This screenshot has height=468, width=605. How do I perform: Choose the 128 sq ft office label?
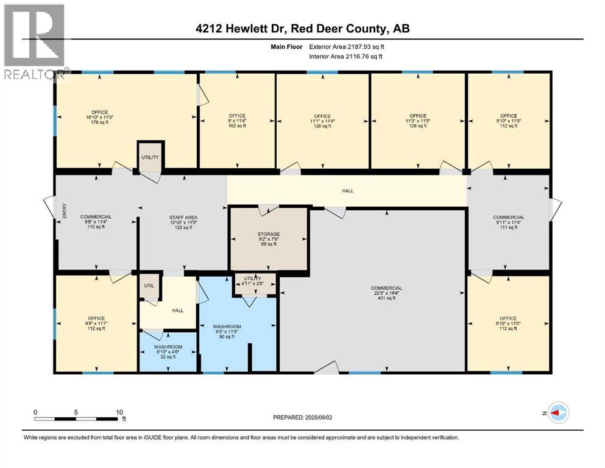(x=418, y=121)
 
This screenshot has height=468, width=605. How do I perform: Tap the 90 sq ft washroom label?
(x=227, y=332)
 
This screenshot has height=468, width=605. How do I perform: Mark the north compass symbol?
(x=556, y=413)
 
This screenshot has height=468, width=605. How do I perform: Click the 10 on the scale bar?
(x=119, y=412)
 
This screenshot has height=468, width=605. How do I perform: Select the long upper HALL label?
(x=347, y=191)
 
